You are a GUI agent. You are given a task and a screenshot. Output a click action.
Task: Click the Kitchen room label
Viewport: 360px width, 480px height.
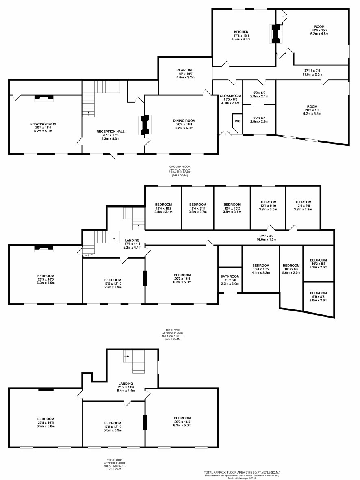coord(241,32)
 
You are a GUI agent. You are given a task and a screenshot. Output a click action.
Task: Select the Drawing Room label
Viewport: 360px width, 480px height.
coord(43,123)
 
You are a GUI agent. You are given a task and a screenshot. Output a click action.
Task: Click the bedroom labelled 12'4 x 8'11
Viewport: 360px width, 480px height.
coord(199,204)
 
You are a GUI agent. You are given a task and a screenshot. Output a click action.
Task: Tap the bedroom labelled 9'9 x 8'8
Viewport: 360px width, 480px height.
coord(318,293)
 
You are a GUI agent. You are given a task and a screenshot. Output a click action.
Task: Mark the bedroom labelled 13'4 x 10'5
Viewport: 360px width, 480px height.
coord(260,265)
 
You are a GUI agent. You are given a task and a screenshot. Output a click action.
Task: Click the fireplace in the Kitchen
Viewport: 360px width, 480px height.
coord(276,34)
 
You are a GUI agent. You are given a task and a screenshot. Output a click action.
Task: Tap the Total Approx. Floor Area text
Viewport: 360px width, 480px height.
coord(242,473)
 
